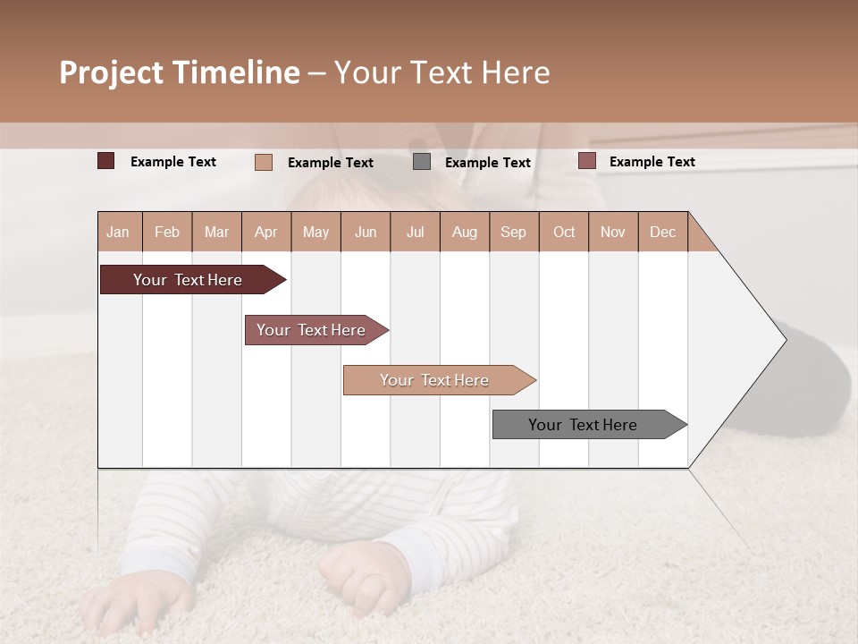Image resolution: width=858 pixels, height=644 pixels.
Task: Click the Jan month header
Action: tap(118, 232)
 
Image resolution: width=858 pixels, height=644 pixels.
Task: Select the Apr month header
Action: tap(265, 232)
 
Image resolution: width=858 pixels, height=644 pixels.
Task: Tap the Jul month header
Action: tap(415, 232)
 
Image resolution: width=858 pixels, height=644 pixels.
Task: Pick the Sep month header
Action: tap(513, 232)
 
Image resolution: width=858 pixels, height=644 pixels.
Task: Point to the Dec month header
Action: tap(662, 232)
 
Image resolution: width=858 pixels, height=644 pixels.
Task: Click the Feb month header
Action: tap(167, 232)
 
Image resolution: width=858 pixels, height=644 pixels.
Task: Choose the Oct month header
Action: tap(564, 232)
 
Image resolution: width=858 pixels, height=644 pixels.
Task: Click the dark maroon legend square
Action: tap(106, 161)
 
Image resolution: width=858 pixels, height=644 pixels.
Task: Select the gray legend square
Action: tap(422, 162)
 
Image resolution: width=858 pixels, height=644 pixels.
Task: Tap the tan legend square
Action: tap(264, 162)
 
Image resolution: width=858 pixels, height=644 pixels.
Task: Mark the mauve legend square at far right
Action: tap(586, 161)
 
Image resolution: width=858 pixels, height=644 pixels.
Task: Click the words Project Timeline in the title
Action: tap(180, 72)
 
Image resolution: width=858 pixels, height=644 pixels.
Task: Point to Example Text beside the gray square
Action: tap(487, 163)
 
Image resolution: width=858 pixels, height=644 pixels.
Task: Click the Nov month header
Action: tap(612, 232)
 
